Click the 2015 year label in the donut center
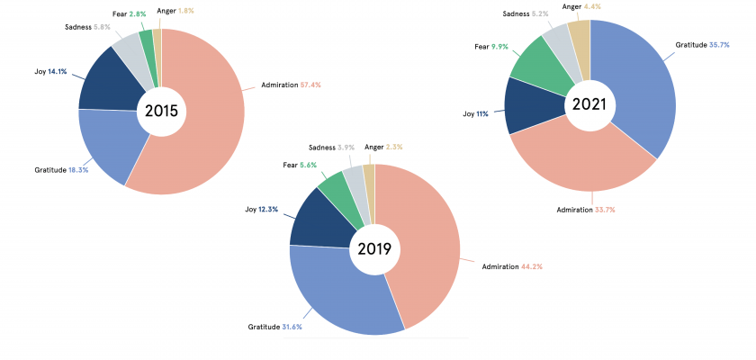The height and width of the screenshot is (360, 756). point(161,112)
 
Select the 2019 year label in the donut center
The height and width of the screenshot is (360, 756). point(374,248)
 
